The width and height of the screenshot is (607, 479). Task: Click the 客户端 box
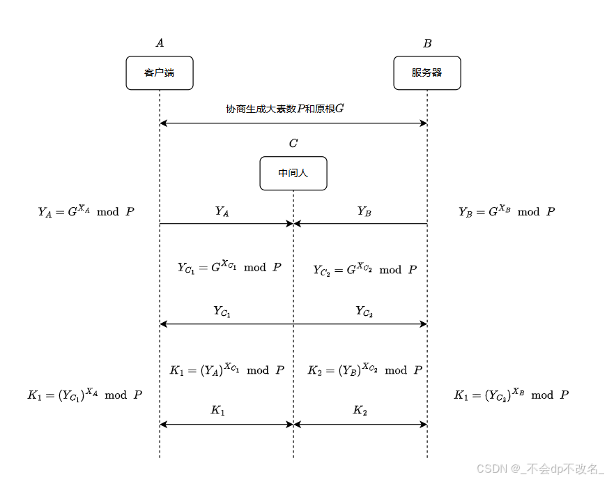[x=160, y=73]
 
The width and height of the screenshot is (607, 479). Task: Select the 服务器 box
[x=427, y=73]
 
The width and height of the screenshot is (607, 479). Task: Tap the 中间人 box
[x=293, y=173]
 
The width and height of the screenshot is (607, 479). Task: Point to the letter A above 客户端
[x=160, y=43]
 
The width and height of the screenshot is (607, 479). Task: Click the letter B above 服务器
[x=427, y=43]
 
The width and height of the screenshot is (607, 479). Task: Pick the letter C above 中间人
[x=293, y=144]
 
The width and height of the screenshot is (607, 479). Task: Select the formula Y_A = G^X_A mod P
[x=86, y=211]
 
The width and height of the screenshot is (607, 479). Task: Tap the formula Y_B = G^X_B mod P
[x=507, y=211]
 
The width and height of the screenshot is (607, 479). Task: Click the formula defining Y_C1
[x=229, y=267]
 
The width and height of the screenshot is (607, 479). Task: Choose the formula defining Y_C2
[x=364, y=269]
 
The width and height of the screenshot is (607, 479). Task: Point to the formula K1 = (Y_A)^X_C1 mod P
[x=226, y=370]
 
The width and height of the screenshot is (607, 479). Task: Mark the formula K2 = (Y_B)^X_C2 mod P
[x=364, y=370]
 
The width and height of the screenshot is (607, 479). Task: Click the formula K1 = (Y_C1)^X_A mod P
[x=85, y=394]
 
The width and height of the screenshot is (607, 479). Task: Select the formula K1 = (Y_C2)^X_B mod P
[x=511, y=394]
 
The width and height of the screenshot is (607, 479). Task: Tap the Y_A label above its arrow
[x=222, y=211]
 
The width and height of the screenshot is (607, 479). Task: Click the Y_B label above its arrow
[x=364, y=211]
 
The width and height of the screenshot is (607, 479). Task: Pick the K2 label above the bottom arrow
[x=360, y=411]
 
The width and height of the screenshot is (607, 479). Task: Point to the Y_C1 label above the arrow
[x=222, y=312]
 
